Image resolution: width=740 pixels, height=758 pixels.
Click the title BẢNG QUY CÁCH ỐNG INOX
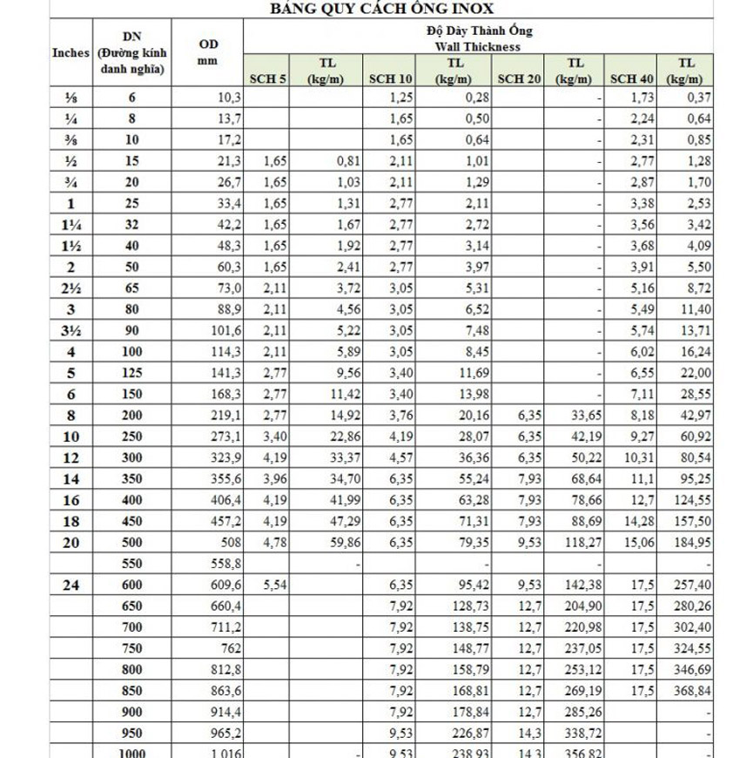click(x=370, y=9)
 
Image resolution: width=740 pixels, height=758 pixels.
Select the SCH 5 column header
click(x=268, y=79)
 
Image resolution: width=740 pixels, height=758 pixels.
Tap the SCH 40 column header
click(x=632, y=79)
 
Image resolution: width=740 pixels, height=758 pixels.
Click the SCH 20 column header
click(x=520, y=79)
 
